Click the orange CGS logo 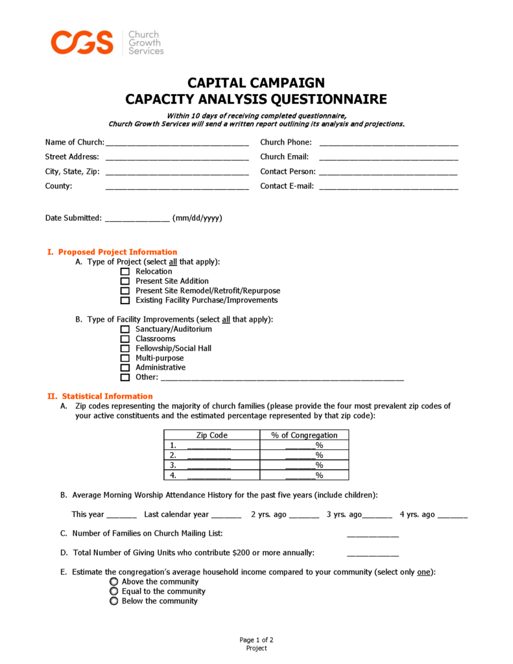[x=82, y=42]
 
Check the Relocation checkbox [x=125, y=272]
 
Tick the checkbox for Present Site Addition [x=125, y=281]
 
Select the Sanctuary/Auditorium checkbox [x=125, y=329]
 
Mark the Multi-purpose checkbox [x=125, y=358]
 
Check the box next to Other [x=125, y=377]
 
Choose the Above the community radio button [x=114, y=582]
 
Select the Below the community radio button [x=114, y=601]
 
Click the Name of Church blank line [x=176, y=143]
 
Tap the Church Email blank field [x=388, y=157]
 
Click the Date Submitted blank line [x=137, y=219]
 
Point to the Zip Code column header [x=211, y=435]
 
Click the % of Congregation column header [x=304, y=435]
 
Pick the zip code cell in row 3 [x=209, y=466]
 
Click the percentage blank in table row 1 [x=300, y=445]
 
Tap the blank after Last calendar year [x=226, y=516]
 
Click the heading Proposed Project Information [x=117, y=252]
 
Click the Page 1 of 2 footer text [x=256, y=640]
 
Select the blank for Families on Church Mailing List [x=372, y=534]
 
